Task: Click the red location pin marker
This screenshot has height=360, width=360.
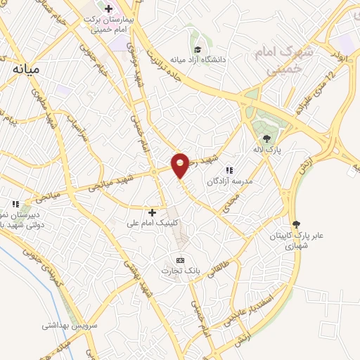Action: pos(181,165)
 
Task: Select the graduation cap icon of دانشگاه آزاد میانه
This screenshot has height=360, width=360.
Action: pos(198,49)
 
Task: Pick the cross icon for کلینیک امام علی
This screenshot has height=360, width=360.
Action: pos(152,212)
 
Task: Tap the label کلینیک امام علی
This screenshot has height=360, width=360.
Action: pos(152,223)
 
